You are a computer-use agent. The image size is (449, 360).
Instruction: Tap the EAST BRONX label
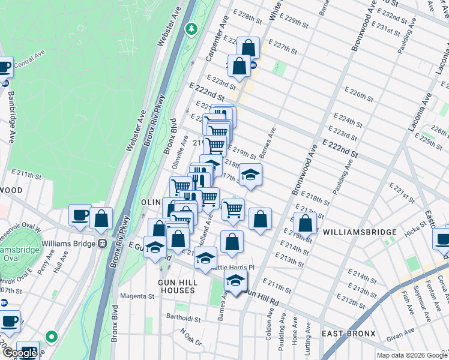coord(348,334)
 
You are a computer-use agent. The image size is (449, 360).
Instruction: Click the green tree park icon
coord(191,28)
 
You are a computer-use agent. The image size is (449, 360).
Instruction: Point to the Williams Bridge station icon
coord(103,244)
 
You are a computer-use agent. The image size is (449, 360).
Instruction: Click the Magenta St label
coord(137,296)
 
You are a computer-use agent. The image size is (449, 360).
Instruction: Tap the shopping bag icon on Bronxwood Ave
coord(306,223)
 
